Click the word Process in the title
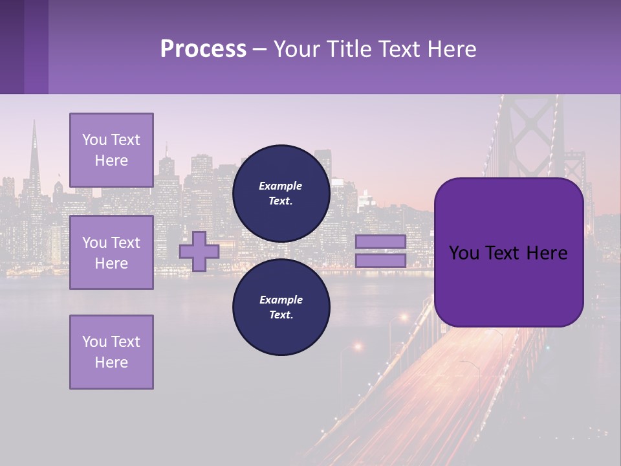203,49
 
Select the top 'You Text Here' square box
111,150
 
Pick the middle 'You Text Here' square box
111,252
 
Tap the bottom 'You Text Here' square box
111,351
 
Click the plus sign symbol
199,252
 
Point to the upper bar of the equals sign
380,241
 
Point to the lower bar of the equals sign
380,261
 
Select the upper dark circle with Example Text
281,193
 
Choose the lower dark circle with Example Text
281,307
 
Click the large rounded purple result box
508,285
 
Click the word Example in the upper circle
281,186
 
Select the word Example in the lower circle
281,300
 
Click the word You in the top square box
94,140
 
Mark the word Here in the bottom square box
111,362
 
